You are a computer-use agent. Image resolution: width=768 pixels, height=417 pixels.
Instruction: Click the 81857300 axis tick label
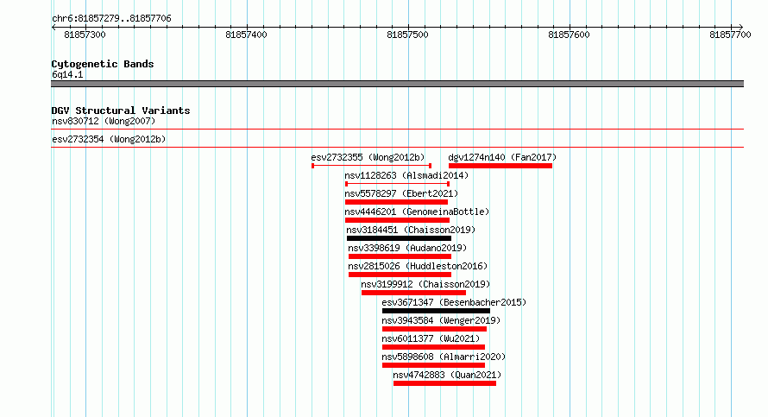click(x=85, y=35)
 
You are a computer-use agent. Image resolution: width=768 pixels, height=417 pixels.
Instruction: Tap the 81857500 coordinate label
click(x=407, y=35)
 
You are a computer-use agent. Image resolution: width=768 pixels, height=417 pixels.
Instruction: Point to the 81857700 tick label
click(x=730, y=35)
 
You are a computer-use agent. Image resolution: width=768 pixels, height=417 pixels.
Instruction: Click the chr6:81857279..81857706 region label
click(x=111, y=19)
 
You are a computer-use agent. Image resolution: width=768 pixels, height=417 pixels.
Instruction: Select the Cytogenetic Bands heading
click(x=103, y=64)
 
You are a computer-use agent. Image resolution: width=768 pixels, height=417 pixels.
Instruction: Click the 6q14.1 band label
click(x=67, y=74)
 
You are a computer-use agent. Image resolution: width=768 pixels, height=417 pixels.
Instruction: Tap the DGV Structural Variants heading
click(x=121, y=111)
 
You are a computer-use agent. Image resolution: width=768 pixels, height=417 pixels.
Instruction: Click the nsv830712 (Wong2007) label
click(x=104, y=121)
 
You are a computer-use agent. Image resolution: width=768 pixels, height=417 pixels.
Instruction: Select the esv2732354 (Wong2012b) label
click(x=109, y=139)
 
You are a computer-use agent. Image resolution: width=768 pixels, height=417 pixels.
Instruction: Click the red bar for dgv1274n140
click(x=500, y=166)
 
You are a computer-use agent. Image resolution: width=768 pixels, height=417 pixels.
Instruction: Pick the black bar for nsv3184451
click(x=400, y=238)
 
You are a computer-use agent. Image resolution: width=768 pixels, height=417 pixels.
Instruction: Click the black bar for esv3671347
click(x=436, y=311)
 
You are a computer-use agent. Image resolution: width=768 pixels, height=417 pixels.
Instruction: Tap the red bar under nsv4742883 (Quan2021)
click(x=444, y=383)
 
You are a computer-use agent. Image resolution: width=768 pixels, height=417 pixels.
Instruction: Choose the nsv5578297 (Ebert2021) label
click(x=401, y=193)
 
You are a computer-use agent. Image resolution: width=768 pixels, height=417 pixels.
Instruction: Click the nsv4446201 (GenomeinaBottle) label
click(x=417, y=212)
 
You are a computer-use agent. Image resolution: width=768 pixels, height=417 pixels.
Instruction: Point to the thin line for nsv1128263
click(x=397, y=184)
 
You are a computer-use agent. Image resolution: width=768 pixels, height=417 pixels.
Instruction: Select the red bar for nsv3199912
click(x=413, y=293)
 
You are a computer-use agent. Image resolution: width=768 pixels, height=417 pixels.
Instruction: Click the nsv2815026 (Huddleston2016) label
click(x=418, y=266)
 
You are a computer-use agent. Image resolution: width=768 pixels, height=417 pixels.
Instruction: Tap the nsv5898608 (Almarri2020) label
click(x=444, y=357)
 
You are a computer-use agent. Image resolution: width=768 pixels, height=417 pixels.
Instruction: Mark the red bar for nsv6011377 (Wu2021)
click(x=433, y=347)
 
